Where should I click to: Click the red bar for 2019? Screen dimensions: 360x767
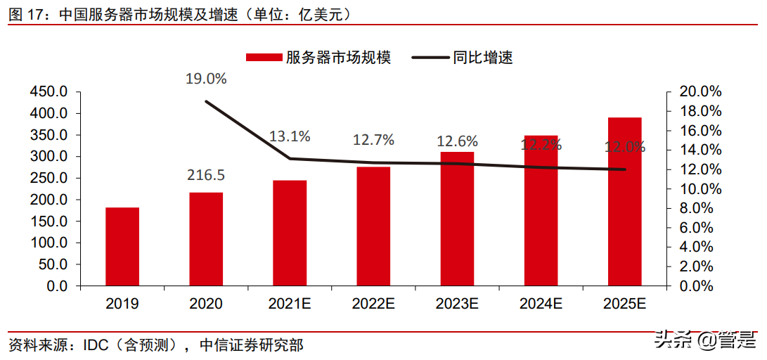[122, 247]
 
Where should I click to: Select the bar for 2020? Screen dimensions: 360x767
[206, 240]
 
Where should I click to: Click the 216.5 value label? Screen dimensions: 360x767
[206, 175]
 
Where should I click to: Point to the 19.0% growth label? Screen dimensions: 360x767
[206, 79]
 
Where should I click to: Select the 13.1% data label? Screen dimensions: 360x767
[289, 136]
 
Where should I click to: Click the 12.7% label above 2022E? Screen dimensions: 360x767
[373, 140]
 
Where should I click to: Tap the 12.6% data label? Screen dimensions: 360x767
[457, 141]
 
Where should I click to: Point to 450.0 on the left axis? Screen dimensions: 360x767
[49, 92]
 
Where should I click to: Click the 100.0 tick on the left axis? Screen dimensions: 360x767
[49, 243]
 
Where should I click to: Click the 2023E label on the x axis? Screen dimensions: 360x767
[457, 304]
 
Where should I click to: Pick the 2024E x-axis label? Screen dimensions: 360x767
[541, 304]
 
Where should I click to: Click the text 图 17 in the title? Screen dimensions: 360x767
[26, 13]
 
